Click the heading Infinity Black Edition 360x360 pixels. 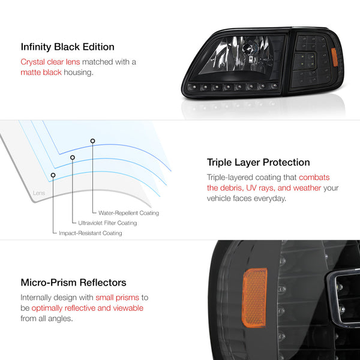click(67, 47)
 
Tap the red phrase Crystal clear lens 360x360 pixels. click(50, 62)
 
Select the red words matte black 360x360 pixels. click(41, 73)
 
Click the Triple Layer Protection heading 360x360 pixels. click(258, 163)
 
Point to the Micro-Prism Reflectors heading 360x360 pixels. click(73, 283)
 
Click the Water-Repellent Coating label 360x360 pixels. click(128, 213)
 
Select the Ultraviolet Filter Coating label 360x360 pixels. click(107, 223)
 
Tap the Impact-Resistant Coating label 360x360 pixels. click(91, 233)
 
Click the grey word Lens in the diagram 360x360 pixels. click(39, 193)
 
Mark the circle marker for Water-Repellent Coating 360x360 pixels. click(92, 141)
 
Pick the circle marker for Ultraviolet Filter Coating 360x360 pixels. click(73, 157)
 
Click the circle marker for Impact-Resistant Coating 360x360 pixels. click(53, 175)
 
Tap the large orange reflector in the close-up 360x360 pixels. click(254, 298)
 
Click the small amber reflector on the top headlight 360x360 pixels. click(335, 58)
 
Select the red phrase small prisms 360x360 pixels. click(118, 298)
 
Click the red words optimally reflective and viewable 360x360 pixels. click(88, 308)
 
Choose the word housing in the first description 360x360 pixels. click(79, 73)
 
